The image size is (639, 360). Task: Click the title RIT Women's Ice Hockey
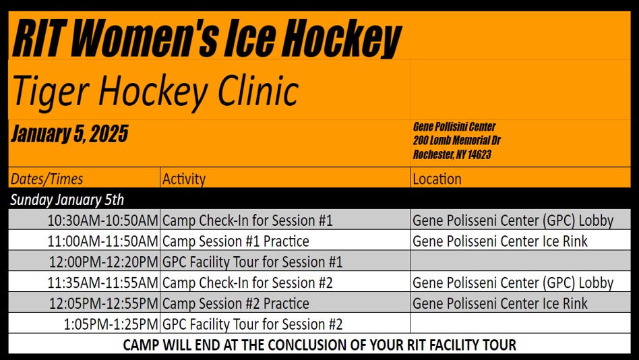207,38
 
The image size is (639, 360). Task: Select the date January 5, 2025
69,133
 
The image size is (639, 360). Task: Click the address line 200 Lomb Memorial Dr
456,140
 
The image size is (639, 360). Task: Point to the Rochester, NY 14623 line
452,154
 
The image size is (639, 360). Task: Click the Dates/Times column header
47,179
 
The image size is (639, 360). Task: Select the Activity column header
184,179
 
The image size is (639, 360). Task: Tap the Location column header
437,179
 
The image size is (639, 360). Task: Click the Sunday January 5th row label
67,200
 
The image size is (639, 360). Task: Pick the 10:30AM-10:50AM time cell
102,220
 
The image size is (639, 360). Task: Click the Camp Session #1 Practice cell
235,241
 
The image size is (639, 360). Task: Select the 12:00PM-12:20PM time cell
104,262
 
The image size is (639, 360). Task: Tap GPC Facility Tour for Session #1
252,262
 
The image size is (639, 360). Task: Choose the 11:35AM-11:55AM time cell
102,282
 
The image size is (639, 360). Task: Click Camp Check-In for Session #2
247,282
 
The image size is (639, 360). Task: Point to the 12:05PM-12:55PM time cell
104,303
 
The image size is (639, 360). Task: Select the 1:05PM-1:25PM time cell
111,324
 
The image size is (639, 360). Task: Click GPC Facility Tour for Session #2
252,324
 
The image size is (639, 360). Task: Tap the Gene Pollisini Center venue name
454,126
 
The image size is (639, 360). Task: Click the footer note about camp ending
319,345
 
